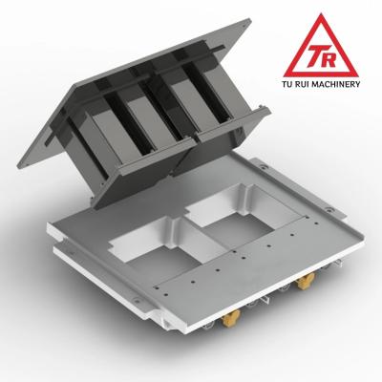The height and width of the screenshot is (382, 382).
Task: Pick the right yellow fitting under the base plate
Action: point(308,282)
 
